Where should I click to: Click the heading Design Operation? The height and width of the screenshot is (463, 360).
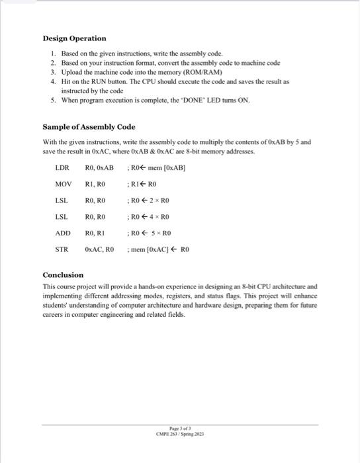point(74,38)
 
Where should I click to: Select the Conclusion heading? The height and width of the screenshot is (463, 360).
point(64,274)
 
